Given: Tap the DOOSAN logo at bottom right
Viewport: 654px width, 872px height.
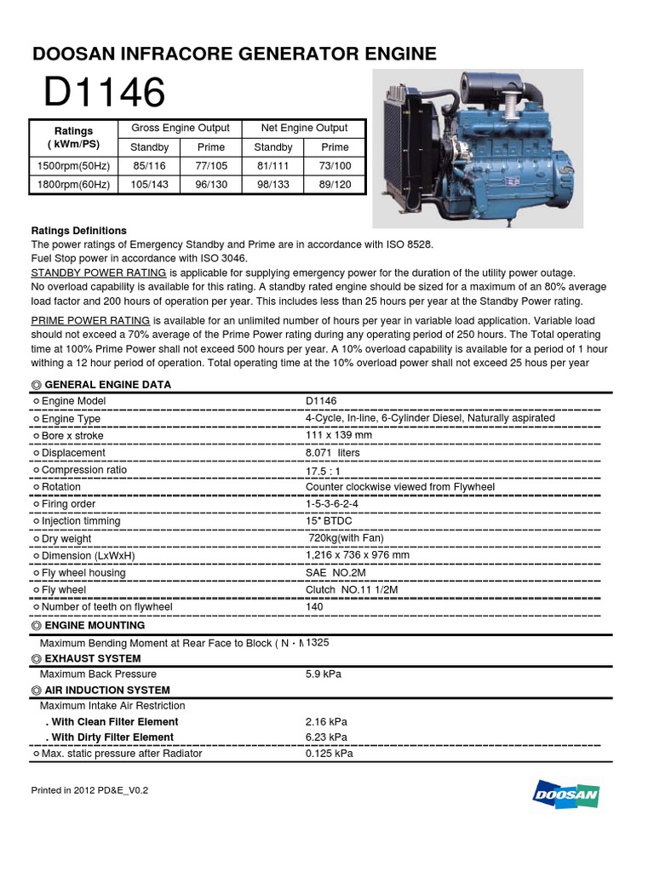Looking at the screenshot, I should (x=566, y=795).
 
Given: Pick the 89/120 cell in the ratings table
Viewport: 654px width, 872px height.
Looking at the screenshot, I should (x=335, y=185).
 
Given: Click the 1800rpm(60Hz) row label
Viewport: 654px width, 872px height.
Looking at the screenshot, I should (x=72, y=185).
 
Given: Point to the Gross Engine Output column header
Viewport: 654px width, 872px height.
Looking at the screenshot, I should (x=180, y=129).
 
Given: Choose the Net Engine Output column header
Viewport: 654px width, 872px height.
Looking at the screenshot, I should (x=304, y=129).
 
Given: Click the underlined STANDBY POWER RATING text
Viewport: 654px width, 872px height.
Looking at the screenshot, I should (x=99, y=272).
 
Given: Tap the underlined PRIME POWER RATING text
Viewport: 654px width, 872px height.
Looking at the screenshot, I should (x=90, y=320).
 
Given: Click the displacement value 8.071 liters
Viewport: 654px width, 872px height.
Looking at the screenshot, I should (x=332, y=453).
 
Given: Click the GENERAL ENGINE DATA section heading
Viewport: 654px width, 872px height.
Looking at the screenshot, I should (x=107, y=385).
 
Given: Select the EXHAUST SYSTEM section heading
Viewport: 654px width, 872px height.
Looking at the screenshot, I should (x=92, y=659).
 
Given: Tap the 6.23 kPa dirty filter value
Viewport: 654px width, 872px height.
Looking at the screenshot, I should (x=326, y=737).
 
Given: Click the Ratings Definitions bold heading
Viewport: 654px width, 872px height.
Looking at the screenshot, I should (x=79, y=231).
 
